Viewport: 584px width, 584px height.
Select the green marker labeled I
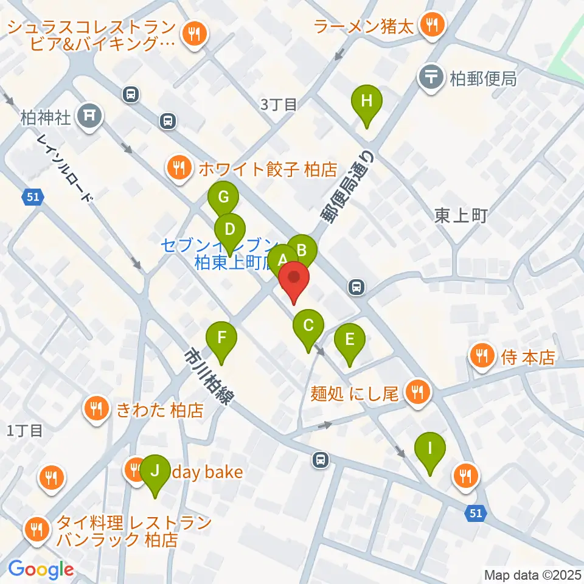(430, 450)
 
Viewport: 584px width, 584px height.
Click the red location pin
(294, 280)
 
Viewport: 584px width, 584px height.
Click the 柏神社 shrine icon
(89, 114)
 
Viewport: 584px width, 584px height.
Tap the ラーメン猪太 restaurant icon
(433, 26)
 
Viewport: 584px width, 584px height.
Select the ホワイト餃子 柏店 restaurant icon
(178, 167)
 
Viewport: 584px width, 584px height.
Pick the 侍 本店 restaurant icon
(482, 356)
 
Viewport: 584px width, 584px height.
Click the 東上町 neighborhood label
(461, 215)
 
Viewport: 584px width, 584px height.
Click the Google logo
(41, 569)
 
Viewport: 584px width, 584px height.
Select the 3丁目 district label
(279, 104)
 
